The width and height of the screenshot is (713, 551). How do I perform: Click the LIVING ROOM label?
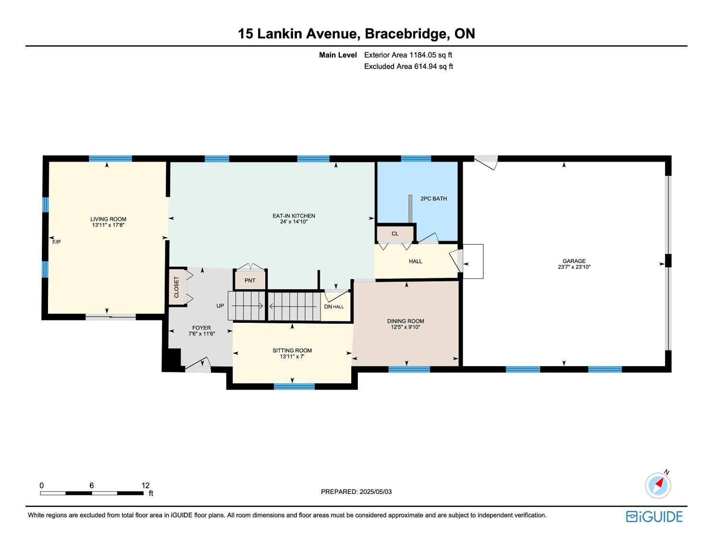(x=108, y=219)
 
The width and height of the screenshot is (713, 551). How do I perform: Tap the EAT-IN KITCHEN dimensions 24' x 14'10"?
(x=294, y=222)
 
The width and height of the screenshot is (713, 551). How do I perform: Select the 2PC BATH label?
(x=433, y=198)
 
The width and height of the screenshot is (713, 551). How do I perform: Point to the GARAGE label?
(x=574, y=261)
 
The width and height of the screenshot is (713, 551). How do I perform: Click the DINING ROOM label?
(x=406, y=321)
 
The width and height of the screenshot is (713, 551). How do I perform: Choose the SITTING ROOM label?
(x=292, y=350)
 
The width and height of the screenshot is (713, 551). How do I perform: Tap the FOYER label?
(x=201, y=328)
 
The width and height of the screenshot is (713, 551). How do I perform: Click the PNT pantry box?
(x=250, y=281)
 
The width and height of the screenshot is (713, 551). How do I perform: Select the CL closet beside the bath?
(x=395, y=234)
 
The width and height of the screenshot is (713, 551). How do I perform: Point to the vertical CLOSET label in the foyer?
(x=176, y=287)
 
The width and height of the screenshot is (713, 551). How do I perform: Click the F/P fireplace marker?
(x=56, y=242)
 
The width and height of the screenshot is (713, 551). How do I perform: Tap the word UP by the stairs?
(x=220, y=306)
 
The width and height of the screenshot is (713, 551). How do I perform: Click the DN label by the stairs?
(x=328, y=306)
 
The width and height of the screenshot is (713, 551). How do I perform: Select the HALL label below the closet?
(x=416, y=261)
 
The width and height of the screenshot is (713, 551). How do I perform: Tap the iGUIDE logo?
(x=654, y=516)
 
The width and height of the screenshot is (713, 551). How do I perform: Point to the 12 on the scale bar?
(x=146, y=486)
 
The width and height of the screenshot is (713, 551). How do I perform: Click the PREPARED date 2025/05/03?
(x=356, y=491)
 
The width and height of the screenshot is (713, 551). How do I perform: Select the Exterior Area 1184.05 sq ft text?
(x=408, y=55)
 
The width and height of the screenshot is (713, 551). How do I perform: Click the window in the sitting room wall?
(x=294, y=386)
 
